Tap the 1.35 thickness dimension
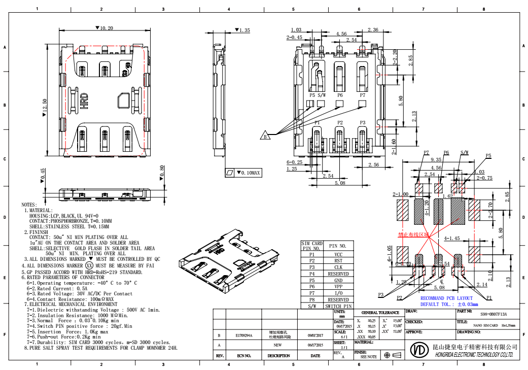coord(242,30)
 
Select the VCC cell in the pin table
coord(338,254)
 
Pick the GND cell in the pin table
coord(338,280)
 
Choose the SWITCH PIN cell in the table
coord(338,307)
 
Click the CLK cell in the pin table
coord(338,267)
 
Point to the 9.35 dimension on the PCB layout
coord(435,159)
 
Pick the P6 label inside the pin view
coord(339,95)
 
